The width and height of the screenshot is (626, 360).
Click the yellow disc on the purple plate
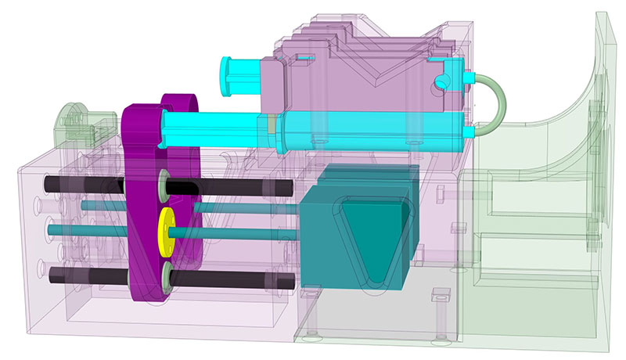[167, 228]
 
